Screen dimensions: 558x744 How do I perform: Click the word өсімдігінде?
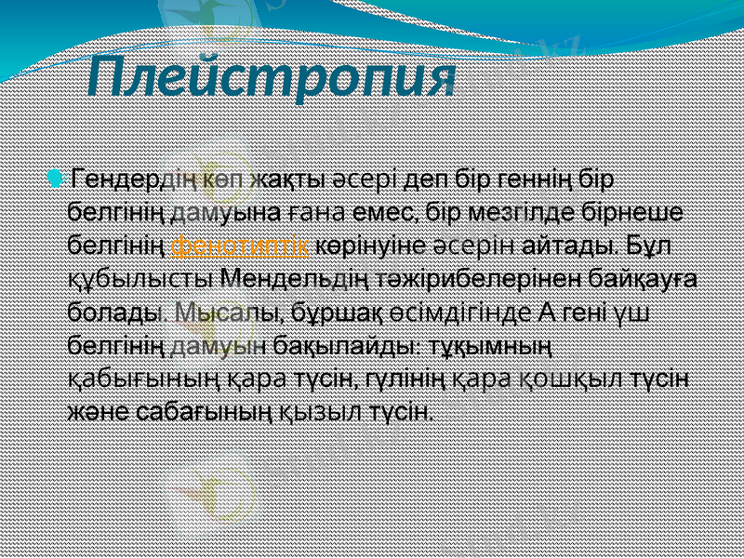click(454, 312)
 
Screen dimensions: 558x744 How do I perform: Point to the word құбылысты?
click(141, 278)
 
